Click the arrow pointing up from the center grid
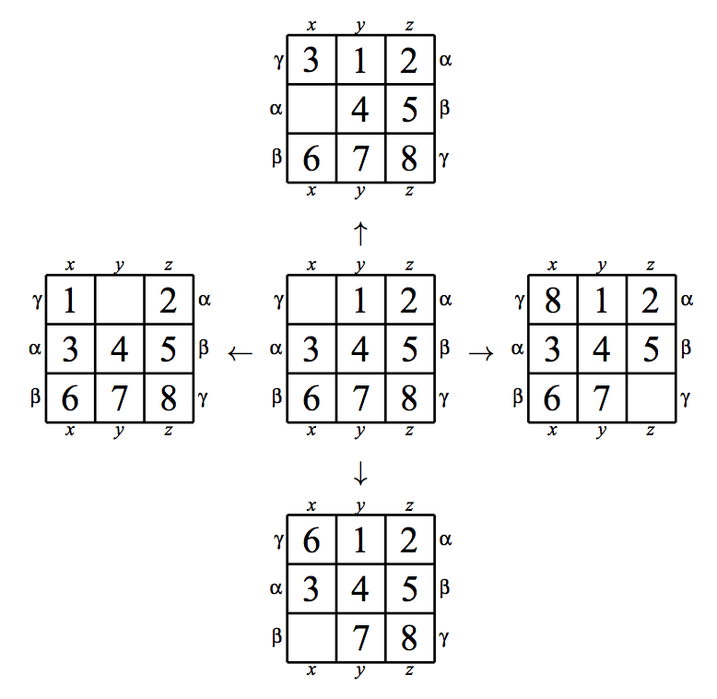pyautogui.click(x=360, y=233)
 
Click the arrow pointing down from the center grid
pyautogui.click(x=360, y=473)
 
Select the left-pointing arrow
pyautogui.click(x=240, y=353)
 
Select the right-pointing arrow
pyautogui.click(x=481, y=353)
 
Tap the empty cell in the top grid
pyautogui.click(x=311, y=109)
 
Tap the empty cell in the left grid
pyautogui.click(x=120, y=300)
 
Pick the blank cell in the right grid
pyautogui.click(x=652, y=398)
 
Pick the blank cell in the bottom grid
pyautogui.click(x=311, y=638)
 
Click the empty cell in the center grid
pyautogui.click(x=311, y=300)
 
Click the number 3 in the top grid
pyautogui.click(x=311, y=60)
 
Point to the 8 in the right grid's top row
pyautogui.click(x=552, y=301)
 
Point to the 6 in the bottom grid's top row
pyautogui.click(x=311, y=540)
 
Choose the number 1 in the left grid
pyautogui.click(x=69, y=301)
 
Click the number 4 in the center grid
pyautogui.click(x=360, y=349)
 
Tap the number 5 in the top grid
pyautogui.click(x=409, y=110)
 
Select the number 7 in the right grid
pyautogui.click(x=601, y=398)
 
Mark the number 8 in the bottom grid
pyautogui.click(x=409, y=638)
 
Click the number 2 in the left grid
pyautogui.click(x=168, y=301)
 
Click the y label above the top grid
pyautogui.click(x=360, y=26)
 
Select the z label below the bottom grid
pyautogui.click(x=409, y=670)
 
